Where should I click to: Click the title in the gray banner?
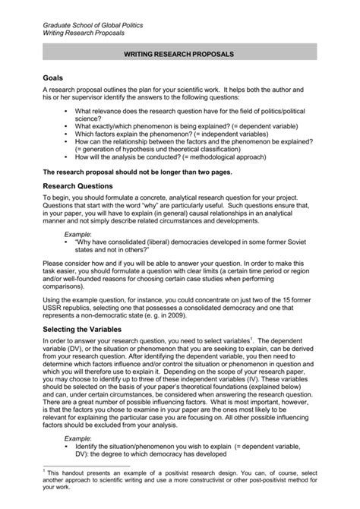[x=179, y=55]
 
